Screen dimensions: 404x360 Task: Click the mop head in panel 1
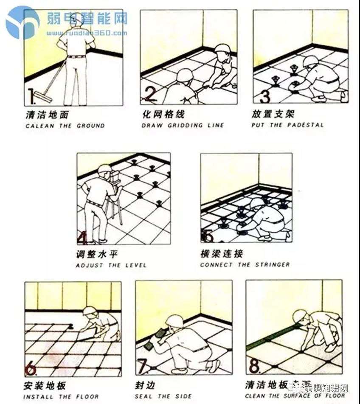(x=44, y=95)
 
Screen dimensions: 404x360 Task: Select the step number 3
(x=264, y=95)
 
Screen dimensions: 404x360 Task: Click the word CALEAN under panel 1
(x=36, y=126)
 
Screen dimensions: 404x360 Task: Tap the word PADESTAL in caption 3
(x=305, y=125)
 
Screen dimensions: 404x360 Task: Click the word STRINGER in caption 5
(x=272, y=265)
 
